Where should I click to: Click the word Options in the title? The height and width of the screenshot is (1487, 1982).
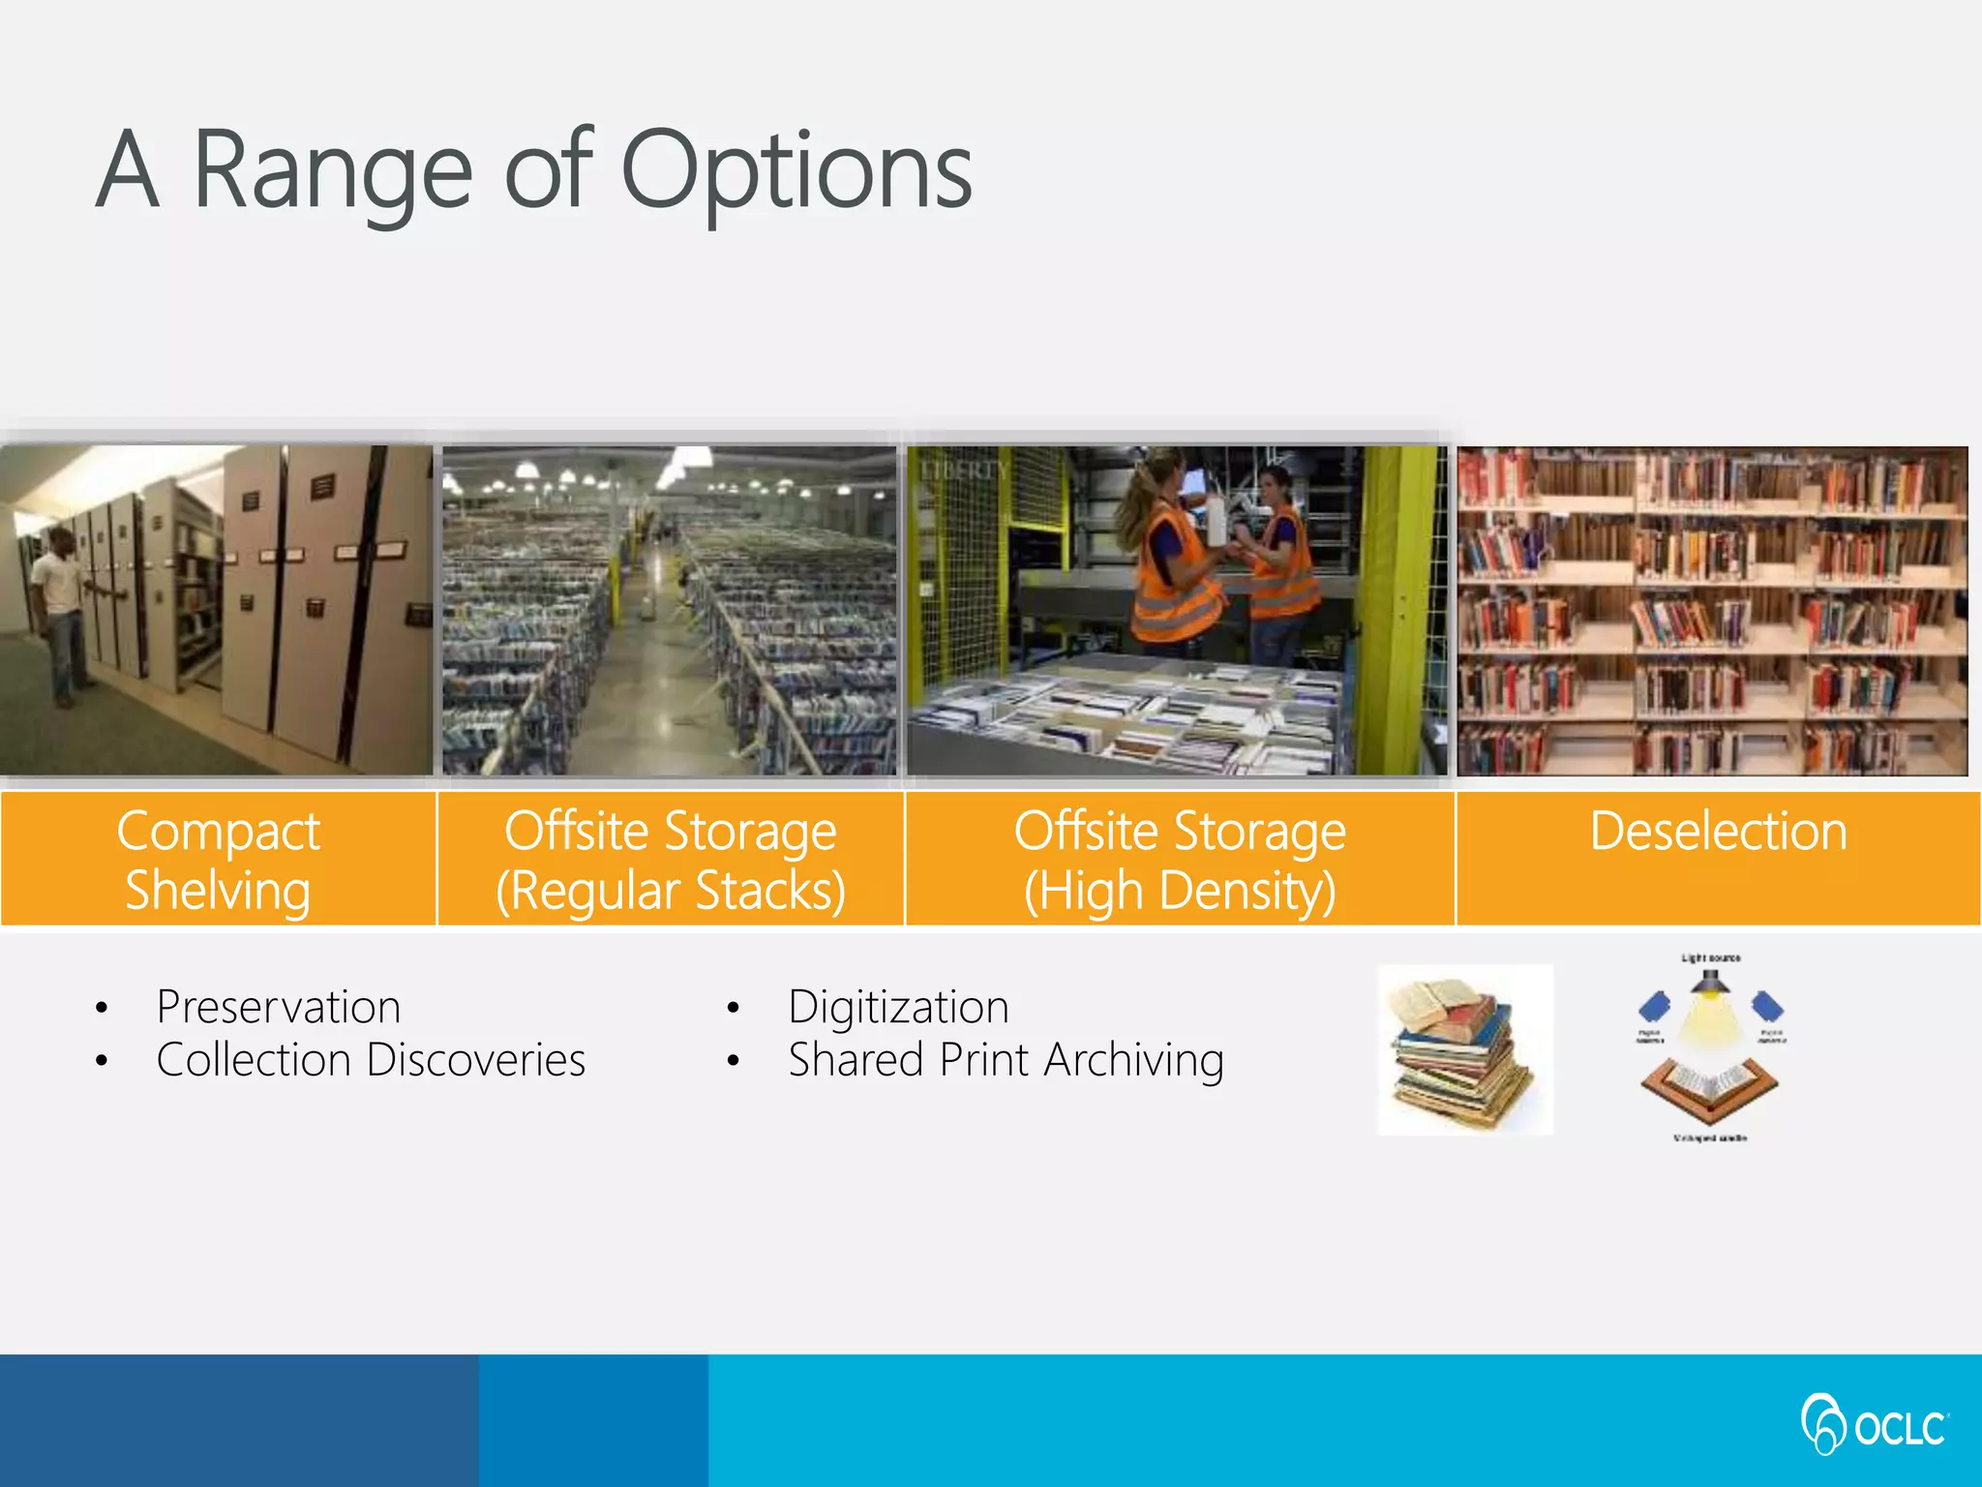tap(796, 172)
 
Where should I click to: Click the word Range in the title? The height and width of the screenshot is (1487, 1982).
tap(333, 172)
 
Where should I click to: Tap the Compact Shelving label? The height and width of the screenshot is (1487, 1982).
tap(218, 860)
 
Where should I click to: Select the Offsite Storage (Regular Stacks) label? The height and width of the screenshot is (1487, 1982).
tap(671, 860)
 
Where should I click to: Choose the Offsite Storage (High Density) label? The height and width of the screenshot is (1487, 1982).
tap(1180, 860)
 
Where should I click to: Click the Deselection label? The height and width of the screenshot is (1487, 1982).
tap(1718, 832)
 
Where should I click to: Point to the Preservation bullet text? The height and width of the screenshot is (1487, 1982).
tap(279, 1007)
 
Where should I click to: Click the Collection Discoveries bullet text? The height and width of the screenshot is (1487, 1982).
tap(371, 1060)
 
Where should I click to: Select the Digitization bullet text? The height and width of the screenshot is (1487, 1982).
tap(898, 1007)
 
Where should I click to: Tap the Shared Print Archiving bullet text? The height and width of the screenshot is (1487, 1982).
tap(1006, 1060)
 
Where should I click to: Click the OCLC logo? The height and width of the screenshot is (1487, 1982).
tap(1874, 1424)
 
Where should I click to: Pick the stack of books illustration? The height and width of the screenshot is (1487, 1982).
tap(1464, 1050)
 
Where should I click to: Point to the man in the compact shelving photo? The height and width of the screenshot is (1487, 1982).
tap(58, 610)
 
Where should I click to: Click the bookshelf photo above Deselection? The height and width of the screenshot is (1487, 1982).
tap(1712, 610)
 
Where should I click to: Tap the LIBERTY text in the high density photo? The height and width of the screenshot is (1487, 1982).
tap(963, 470)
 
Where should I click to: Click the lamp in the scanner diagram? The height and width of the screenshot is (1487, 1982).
tap(1710, 982)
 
